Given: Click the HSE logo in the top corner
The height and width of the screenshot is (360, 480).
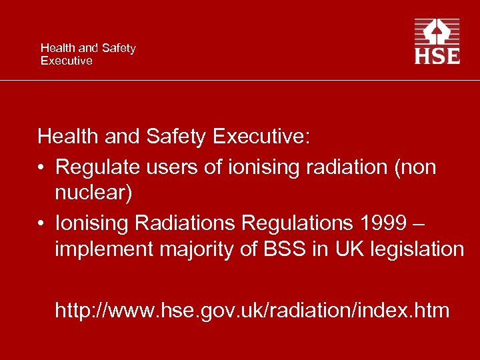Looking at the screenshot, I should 437,41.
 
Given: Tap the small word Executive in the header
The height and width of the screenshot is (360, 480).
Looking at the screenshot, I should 66,61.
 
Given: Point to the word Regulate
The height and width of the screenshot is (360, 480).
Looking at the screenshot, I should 97,167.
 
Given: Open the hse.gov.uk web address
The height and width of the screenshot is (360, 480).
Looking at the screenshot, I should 252,310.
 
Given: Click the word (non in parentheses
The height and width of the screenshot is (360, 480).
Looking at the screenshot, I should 417,167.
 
